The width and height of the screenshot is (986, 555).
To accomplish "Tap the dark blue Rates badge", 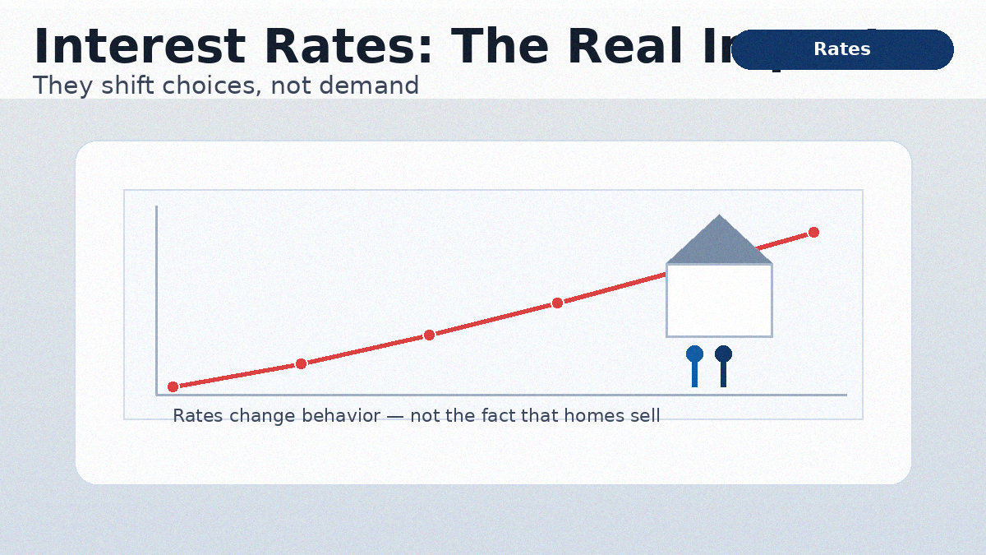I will (842, 49).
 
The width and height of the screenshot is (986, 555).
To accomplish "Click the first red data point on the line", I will (173, 386).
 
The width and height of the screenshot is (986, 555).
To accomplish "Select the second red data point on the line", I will (301, 363).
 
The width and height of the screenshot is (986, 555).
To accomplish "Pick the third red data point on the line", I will (429, 335).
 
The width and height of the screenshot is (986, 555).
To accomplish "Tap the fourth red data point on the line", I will (557, 303).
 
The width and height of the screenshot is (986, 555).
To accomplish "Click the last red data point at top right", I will (813, 232).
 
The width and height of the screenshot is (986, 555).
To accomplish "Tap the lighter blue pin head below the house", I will (694, 354).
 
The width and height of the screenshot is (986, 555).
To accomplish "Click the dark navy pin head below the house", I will (723, 354).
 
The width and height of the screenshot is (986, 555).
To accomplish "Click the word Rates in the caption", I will (197, 416).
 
